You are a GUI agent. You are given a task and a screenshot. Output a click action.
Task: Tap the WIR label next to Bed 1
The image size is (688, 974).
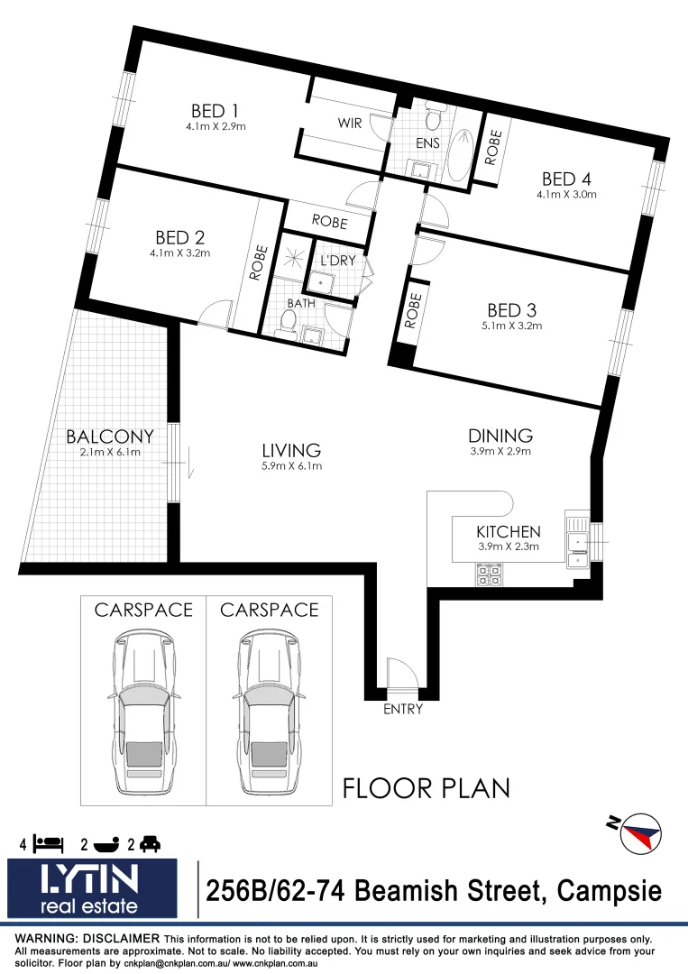point(350,124)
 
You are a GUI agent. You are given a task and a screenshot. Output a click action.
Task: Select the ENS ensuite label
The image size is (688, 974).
point(427,142)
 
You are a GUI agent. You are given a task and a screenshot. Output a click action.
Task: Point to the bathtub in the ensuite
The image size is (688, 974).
point(461,152)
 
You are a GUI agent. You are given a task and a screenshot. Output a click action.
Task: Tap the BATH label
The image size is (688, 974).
point(300,303)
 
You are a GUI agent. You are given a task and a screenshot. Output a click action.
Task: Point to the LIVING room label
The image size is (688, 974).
point(291,450)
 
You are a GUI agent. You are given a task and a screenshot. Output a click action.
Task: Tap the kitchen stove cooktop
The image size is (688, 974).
point(489,574)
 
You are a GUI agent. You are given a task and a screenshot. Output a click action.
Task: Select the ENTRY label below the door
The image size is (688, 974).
point(402,709)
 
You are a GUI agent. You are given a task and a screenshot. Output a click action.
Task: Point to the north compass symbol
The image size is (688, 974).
point(639,832)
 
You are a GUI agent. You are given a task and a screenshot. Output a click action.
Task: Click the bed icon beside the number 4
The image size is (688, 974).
point(49,844)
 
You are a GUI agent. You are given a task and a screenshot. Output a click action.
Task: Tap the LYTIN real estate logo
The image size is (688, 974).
point(98,889)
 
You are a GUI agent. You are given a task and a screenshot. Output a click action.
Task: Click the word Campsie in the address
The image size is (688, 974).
point(609,891)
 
